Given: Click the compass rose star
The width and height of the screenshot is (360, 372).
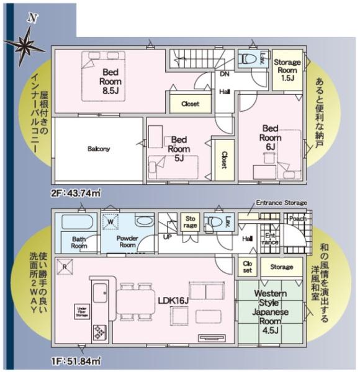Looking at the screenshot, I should pos(25,44).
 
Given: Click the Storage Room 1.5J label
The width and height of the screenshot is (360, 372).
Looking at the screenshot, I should pos(287,70).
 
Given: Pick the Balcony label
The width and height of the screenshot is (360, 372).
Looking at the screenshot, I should pos(99,149).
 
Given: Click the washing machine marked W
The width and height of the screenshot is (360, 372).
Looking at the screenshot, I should pos(111,221).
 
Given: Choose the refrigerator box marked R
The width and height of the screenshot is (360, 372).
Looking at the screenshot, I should pos(66,267).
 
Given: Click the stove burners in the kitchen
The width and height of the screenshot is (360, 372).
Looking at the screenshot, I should pos(99,332).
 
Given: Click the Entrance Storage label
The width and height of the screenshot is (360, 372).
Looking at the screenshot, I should pos(281,202).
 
